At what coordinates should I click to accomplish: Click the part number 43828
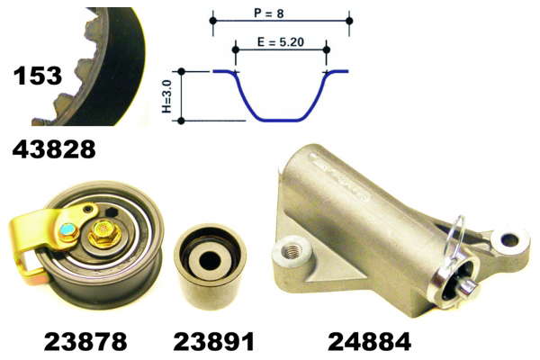point(54,149)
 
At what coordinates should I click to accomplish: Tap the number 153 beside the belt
point(38,76)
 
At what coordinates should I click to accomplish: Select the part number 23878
point(85,341)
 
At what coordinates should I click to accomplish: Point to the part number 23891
point(213,341)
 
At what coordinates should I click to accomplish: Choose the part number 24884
point(370,341)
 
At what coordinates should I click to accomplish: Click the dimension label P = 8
point(269,13)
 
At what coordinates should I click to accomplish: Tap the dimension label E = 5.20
point(281,42)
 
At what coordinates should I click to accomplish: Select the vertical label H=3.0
point(166,96)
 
